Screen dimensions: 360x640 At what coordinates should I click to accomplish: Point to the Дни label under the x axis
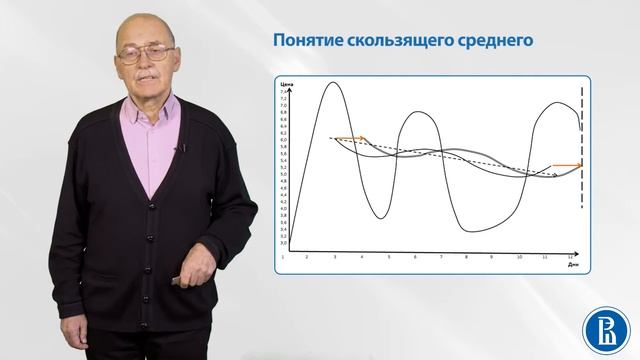pyautogui.click(x=571, y=264)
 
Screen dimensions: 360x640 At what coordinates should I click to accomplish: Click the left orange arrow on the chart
pyautogui.click(x=349, y=138)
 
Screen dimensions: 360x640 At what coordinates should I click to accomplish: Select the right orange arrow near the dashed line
pyautogui.click(x=567, y=165)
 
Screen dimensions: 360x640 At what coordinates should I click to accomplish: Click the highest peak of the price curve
pyautogui.click(x=332, y=84)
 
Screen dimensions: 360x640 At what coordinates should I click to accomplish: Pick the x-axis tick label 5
pyautogui.click(x=389, y=256)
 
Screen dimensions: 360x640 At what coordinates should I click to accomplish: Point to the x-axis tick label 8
pyautogui.click(x=467, y=256)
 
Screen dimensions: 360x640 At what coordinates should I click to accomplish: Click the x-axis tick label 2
pyautogui.click(x=308, y=256)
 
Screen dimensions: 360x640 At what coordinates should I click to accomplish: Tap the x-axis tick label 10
pyautogui.click(x=519, y=256)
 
